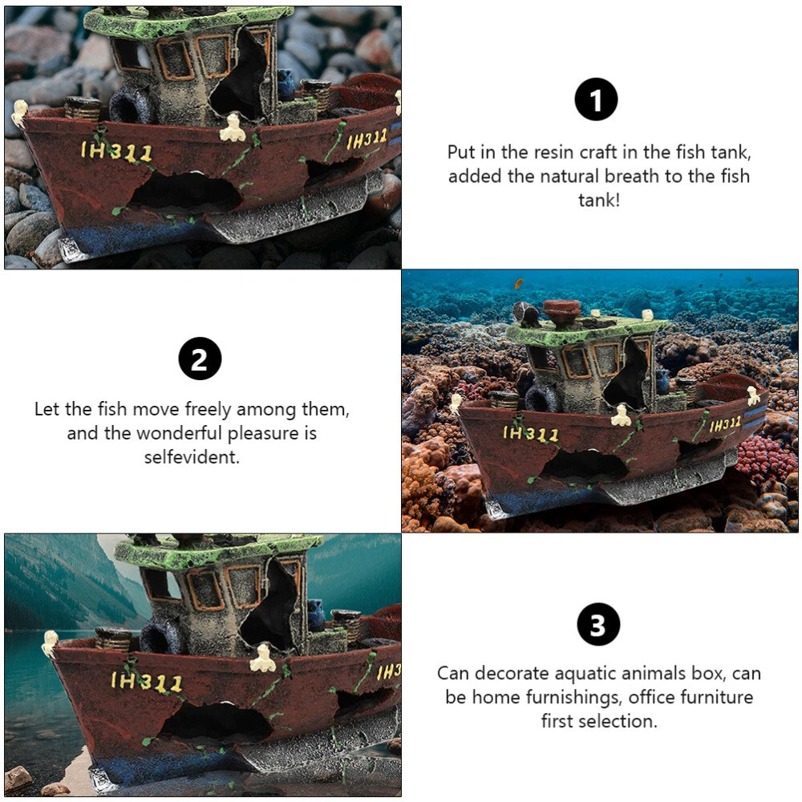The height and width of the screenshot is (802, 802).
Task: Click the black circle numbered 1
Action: click(x=596, y=99)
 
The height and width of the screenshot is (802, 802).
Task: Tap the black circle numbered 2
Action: click(x=200, y=358)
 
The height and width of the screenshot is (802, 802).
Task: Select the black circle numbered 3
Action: click(x=598, y=624)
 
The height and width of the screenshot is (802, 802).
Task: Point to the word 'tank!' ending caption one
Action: click(x=599, y=200)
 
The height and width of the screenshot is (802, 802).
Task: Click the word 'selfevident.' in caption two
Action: click(x=192, y=457)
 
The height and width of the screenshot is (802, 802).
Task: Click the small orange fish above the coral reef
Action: click(x=518, y=283)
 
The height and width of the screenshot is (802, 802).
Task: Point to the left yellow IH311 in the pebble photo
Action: click(x=116, y=152)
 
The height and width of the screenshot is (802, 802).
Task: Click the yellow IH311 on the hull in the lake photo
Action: click(x=146, y=682)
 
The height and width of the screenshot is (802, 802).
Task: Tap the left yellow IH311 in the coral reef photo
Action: click(x=530, y=434)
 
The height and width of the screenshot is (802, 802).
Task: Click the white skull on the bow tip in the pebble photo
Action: click(x=19, y=112)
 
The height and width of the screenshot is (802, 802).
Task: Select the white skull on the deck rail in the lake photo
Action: click(x=263, y=658)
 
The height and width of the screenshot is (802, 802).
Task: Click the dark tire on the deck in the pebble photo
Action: click(x=131, y=105)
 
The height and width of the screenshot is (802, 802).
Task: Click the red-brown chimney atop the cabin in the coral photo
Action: click(x=561, y=313)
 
